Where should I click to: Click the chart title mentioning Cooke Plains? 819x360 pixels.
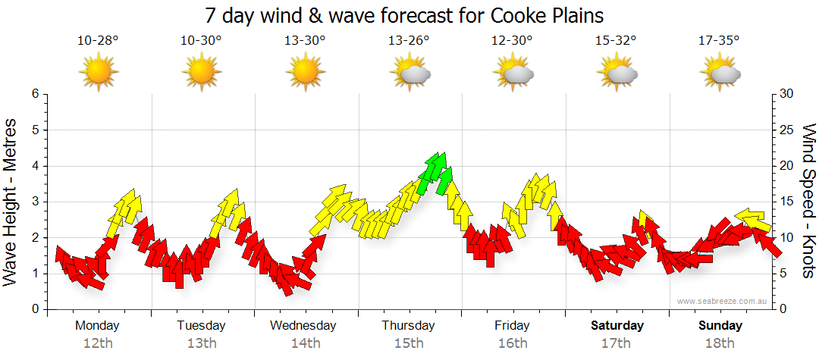[404, 16]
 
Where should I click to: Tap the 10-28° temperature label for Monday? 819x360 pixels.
[98, 42]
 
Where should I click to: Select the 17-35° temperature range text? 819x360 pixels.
[720, 42]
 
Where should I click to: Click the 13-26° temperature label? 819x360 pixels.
[409, 42]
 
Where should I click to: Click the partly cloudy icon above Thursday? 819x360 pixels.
[410, 73]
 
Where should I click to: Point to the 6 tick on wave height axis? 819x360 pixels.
[35, 94]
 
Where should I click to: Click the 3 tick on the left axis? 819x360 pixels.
[35, 202]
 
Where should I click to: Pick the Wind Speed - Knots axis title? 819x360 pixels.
[808, 202]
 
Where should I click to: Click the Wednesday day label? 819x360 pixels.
[303, 326]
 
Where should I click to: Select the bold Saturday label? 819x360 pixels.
[617, 326]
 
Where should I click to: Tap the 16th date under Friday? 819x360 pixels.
[513, 343]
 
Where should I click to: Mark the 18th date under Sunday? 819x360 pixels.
[720, 343]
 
